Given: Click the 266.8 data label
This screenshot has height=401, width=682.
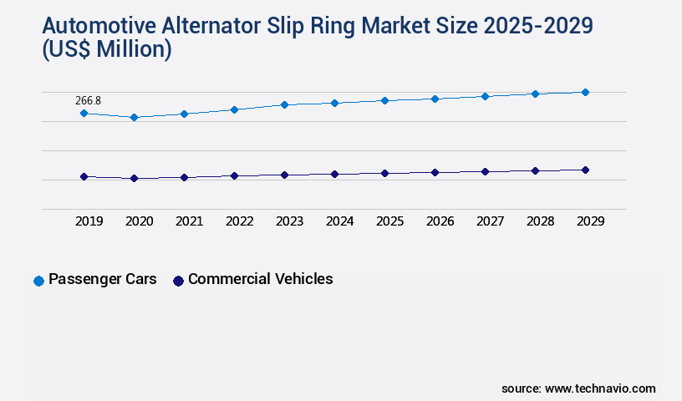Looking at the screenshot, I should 88,100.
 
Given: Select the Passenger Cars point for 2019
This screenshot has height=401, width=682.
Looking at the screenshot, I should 84,113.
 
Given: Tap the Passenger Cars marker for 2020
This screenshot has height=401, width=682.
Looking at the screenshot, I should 134,118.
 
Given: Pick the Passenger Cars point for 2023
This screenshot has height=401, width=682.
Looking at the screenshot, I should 284,104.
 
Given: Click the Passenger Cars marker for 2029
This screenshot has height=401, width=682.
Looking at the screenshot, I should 585,92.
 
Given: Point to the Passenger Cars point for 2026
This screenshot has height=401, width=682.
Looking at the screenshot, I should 435,99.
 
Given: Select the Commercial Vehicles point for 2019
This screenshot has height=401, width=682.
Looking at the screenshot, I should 84,176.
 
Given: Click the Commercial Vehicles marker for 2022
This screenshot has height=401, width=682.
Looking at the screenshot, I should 234,175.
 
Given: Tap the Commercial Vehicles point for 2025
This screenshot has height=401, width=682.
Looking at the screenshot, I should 384,173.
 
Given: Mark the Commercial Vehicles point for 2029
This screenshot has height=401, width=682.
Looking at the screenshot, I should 585,170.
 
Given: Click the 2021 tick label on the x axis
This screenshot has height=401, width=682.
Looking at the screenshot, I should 189,221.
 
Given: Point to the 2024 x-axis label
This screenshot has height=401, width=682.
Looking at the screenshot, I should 339,221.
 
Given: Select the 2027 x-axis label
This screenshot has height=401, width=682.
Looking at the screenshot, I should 490,221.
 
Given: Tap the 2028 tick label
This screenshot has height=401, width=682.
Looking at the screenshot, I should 540,221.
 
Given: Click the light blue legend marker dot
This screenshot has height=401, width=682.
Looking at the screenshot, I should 38,281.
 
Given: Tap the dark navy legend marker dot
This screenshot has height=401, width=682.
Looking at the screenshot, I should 177,281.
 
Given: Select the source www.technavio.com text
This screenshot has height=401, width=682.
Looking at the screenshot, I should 578,388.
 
